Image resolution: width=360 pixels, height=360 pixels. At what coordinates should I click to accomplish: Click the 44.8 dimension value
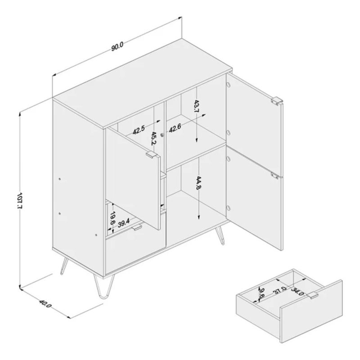pyautogui.click(x=198, y=183)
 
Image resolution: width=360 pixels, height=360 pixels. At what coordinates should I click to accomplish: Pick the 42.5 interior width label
pyautogui.click(x=139, y=130)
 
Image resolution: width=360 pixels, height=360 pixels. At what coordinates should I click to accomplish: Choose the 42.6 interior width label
pyautogui.click(x=175, y=128)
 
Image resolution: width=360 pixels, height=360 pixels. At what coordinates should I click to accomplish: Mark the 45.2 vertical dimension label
pyautogui.click(x=153, y=138)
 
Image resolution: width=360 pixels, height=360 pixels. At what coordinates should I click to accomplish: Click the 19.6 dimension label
pyautogui.click(x=112, y=218)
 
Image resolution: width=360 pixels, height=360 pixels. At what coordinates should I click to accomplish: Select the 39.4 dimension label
pyautogui.click(x=124, y=223)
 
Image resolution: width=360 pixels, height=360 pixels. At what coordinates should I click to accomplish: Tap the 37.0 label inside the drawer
pyautogui.click(x=279, y=290)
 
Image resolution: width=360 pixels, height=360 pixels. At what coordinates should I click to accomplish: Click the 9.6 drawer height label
pyautogui.click(x=261, y=293)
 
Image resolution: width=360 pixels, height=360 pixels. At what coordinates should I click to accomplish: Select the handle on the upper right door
pyautogui.click(x=277, y=102)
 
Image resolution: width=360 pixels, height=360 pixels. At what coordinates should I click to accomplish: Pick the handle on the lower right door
pyautogui.click(x=275, y=175)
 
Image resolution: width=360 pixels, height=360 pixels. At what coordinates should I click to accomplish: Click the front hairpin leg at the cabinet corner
pyautogui.click(x=104, y=287)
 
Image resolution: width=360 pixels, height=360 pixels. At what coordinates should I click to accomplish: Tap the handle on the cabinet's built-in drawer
pyautogui.click(x=137, y=228)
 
